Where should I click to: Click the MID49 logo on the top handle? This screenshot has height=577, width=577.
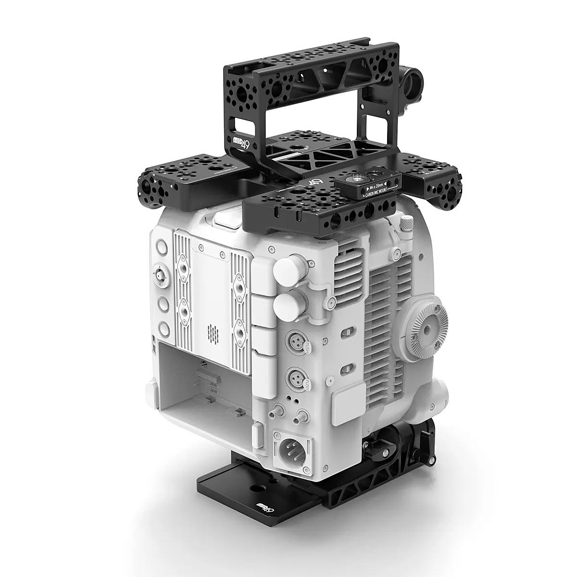240,143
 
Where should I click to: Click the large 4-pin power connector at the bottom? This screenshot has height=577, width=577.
292,451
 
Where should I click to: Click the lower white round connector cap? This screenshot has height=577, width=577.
285,302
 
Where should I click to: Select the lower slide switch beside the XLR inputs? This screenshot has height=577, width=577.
344,369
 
